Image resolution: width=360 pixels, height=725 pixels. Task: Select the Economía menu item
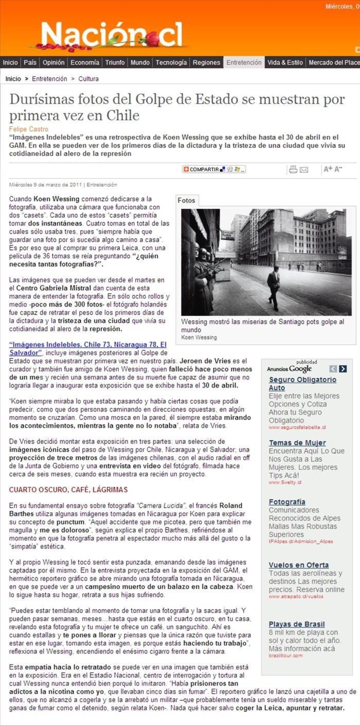click(85, 63)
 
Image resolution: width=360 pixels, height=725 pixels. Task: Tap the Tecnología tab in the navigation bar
click(171, 63)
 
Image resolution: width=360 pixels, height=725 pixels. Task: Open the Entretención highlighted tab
click(244, 63)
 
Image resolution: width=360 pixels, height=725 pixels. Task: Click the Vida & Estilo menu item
click(285, 63)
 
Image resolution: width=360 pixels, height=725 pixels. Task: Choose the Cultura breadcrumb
click(89, 79)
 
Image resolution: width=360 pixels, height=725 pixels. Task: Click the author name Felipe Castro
click(29, 129)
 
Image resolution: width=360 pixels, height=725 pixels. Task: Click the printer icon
click(293, 169)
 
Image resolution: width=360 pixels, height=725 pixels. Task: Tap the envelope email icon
click(304, 169)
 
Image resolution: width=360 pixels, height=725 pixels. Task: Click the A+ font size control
click(328, 169)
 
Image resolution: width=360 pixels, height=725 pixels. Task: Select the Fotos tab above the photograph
click(186, 201)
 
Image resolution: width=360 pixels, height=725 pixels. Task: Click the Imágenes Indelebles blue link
click(88, 348)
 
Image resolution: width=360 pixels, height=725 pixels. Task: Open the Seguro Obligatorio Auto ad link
click(302, 383)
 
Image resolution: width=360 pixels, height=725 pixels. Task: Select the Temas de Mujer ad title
click(297, 443)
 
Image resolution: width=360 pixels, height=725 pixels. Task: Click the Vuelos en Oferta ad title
click(299, 565)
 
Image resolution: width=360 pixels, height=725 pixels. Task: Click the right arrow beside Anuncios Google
click(343, 368)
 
